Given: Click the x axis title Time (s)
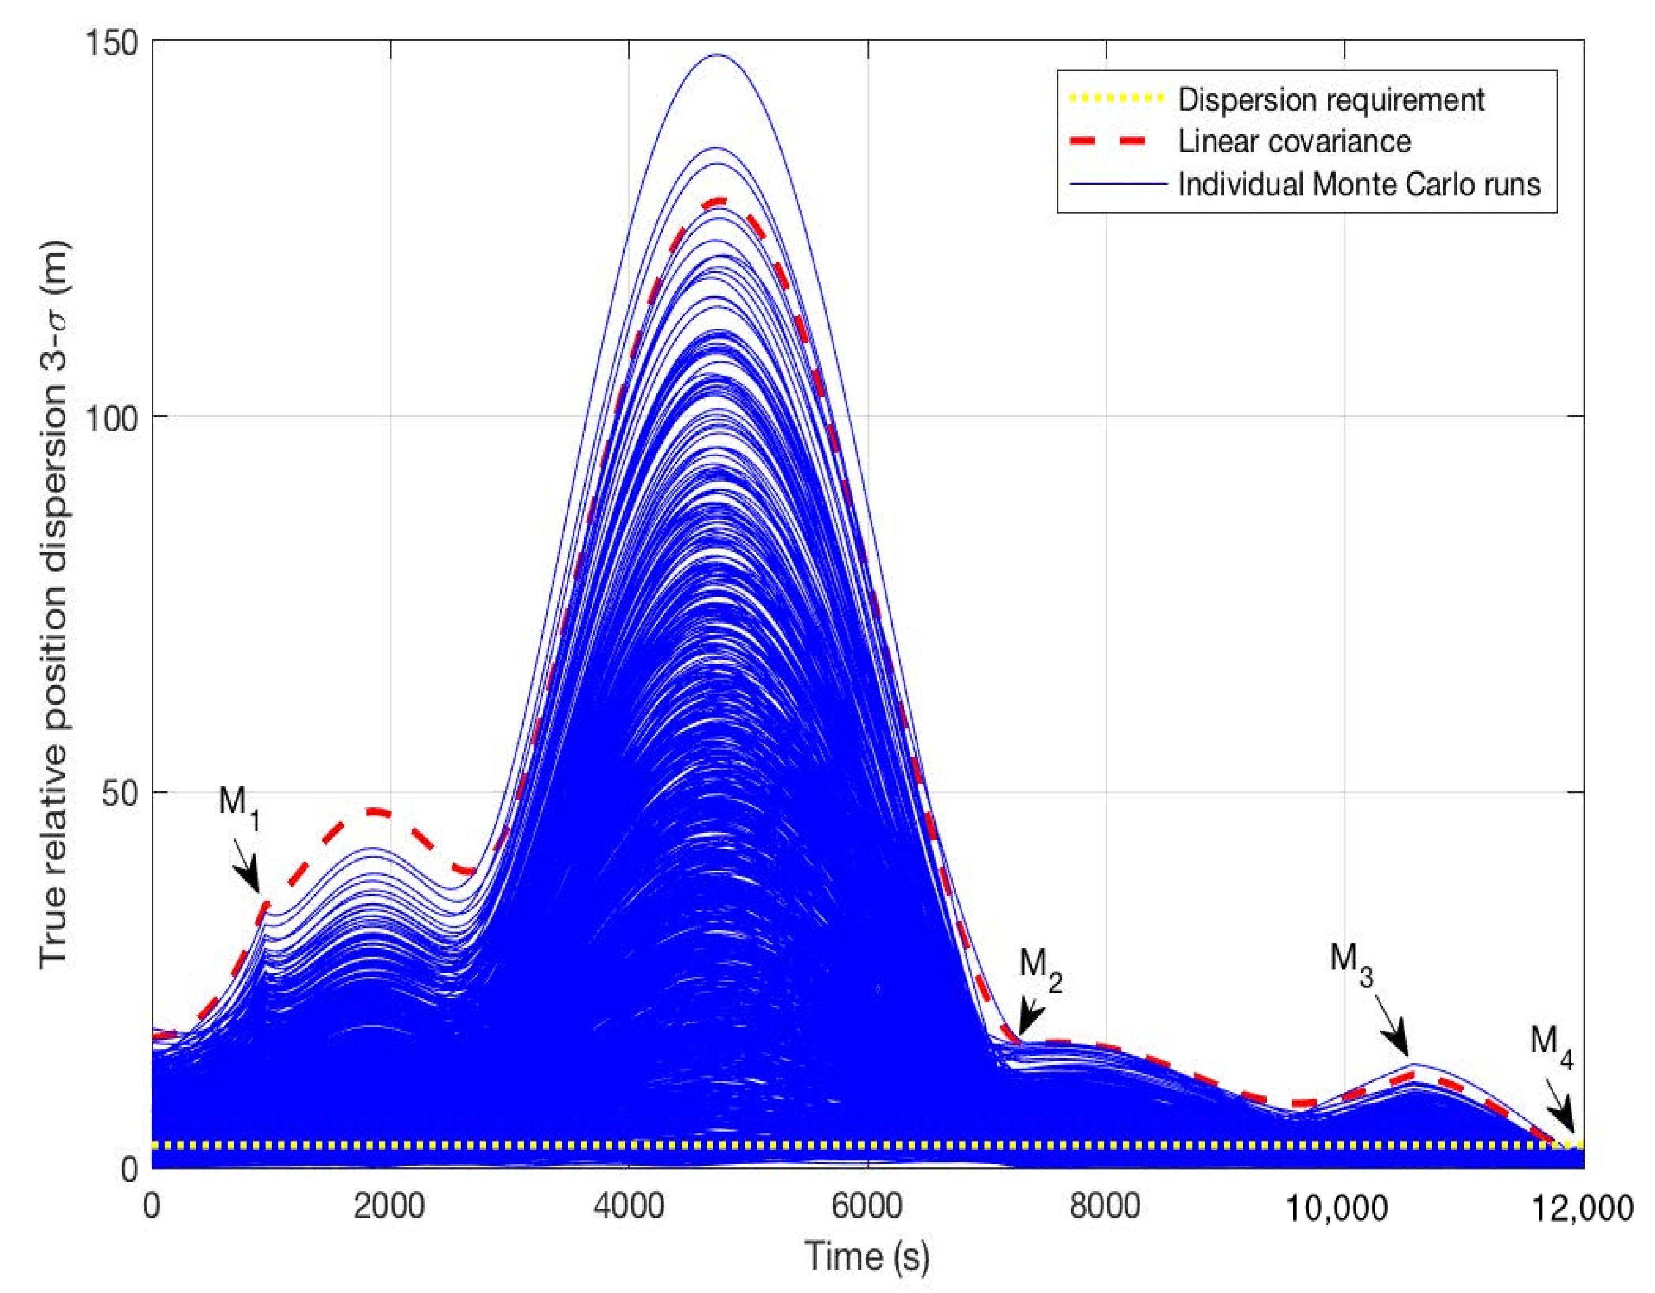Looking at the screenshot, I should [x=867, y=1255].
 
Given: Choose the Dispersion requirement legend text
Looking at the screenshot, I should [x=1331, y=100].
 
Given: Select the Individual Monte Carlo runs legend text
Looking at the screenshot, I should [x=1359, y=184].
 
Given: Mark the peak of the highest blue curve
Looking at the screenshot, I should [x=717, y=55].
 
